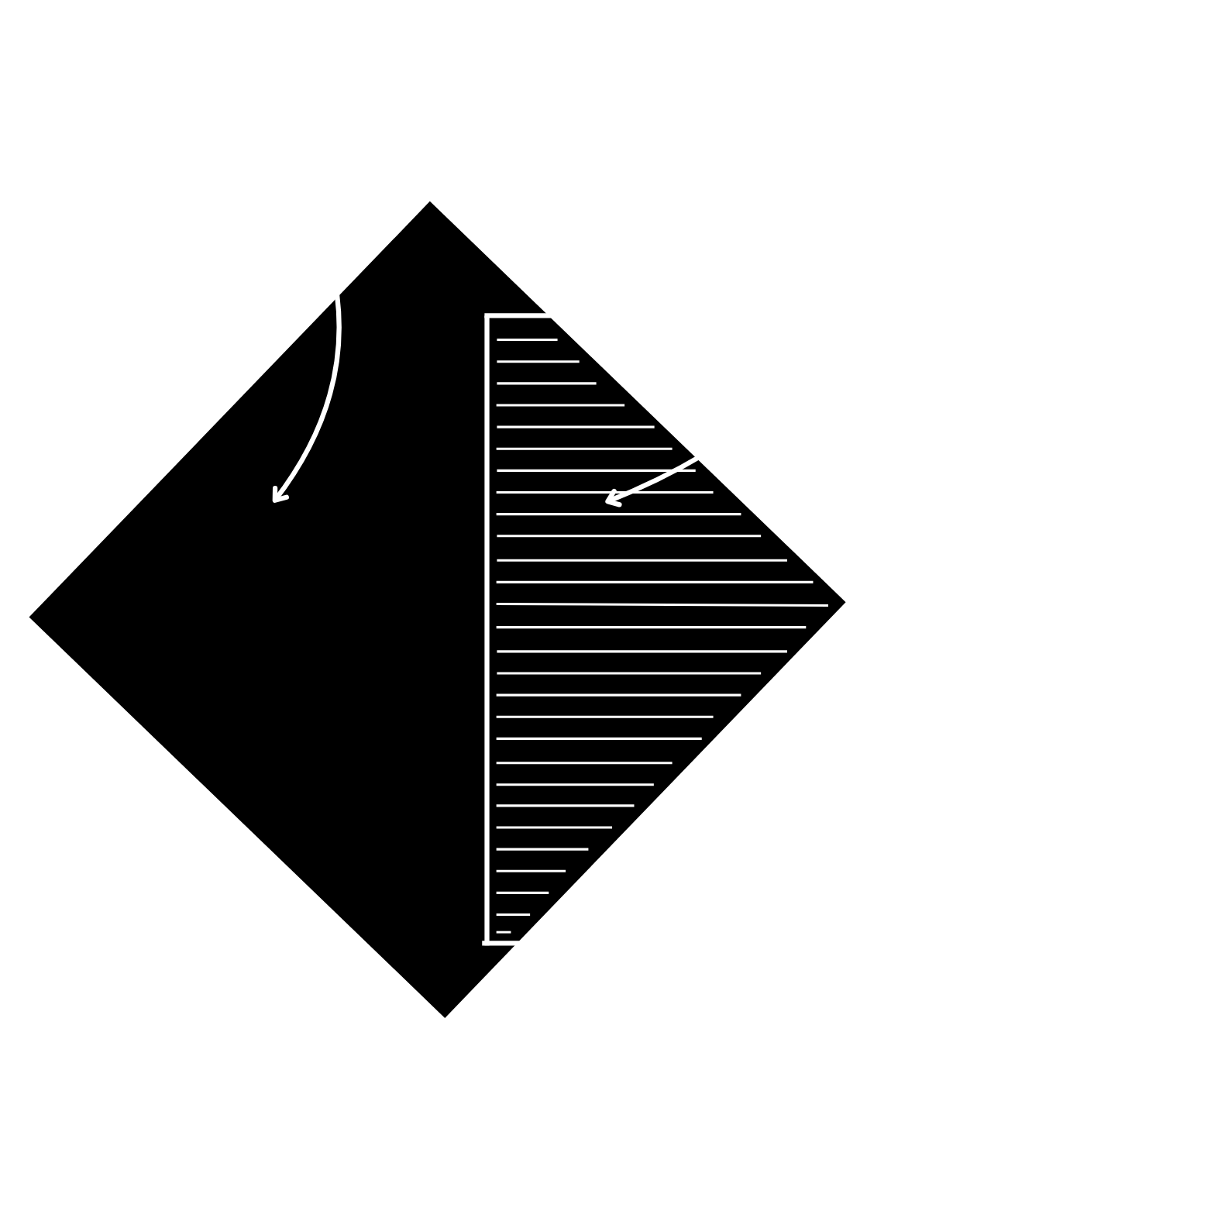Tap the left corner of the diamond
24,618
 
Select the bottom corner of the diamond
446,1023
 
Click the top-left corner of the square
487,316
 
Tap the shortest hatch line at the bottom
504,931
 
